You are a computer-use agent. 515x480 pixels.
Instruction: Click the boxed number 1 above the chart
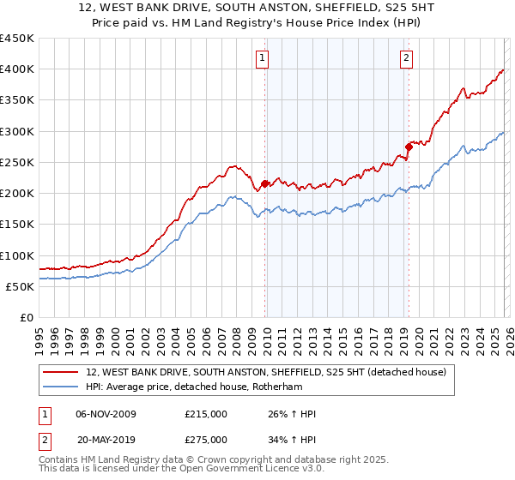262,58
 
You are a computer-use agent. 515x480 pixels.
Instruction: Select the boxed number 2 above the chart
405,58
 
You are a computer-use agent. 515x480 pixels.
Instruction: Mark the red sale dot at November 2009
264,183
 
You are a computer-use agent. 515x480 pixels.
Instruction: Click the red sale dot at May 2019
409,147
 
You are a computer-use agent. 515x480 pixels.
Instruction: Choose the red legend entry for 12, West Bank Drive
266,373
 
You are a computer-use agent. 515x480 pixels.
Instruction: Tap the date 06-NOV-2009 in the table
106,414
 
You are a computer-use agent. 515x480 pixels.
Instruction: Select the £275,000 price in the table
206,439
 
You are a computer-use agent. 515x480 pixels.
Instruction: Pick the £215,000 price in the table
206,414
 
